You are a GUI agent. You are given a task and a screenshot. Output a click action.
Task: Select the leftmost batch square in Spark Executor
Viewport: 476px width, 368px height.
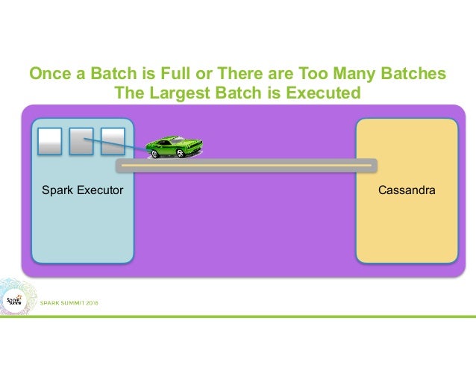tap(49, 141)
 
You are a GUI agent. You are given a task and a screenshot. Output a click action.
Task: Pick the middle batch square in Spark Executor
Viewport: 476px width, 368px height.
tap(81, 141)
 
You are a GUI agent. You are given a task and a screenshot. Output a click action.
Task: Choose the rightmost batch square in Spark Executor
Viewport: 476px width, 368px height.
tap(112, 141)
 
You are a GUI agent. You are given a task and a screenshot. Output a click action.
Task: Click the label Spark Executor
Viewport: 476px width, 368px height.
tap(82, 191)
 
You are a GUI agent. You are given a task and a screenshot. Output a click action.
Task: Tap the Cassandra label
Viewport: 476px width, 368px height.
tap(407, 191)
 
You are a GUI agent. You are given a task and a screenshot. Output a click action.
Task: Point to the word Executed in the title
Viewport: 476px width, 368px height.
tap(324, 93)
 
